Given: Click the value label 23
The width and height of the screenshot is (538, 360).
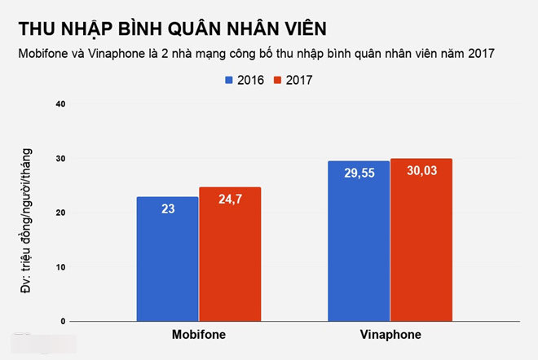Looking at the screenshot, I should click(167, 209).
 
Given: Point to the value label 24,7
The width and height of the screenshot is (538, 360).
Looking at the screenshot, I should click(230, 199).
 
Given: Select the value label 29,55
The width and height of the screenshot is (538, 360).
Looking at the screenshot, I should click(359, 173).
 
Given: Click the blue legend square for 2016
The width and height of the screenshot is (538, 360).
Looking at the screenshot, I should click(229, 80).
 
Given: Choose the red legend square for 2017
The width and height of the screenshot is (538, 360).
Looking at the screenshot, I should click(278, 80).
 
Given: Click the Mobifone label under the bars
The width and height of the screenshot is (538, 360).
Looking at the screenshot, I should click(199, 335).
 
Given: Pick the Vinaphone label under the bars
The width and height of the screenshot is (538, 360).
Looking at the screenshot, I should click(390, 335).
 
